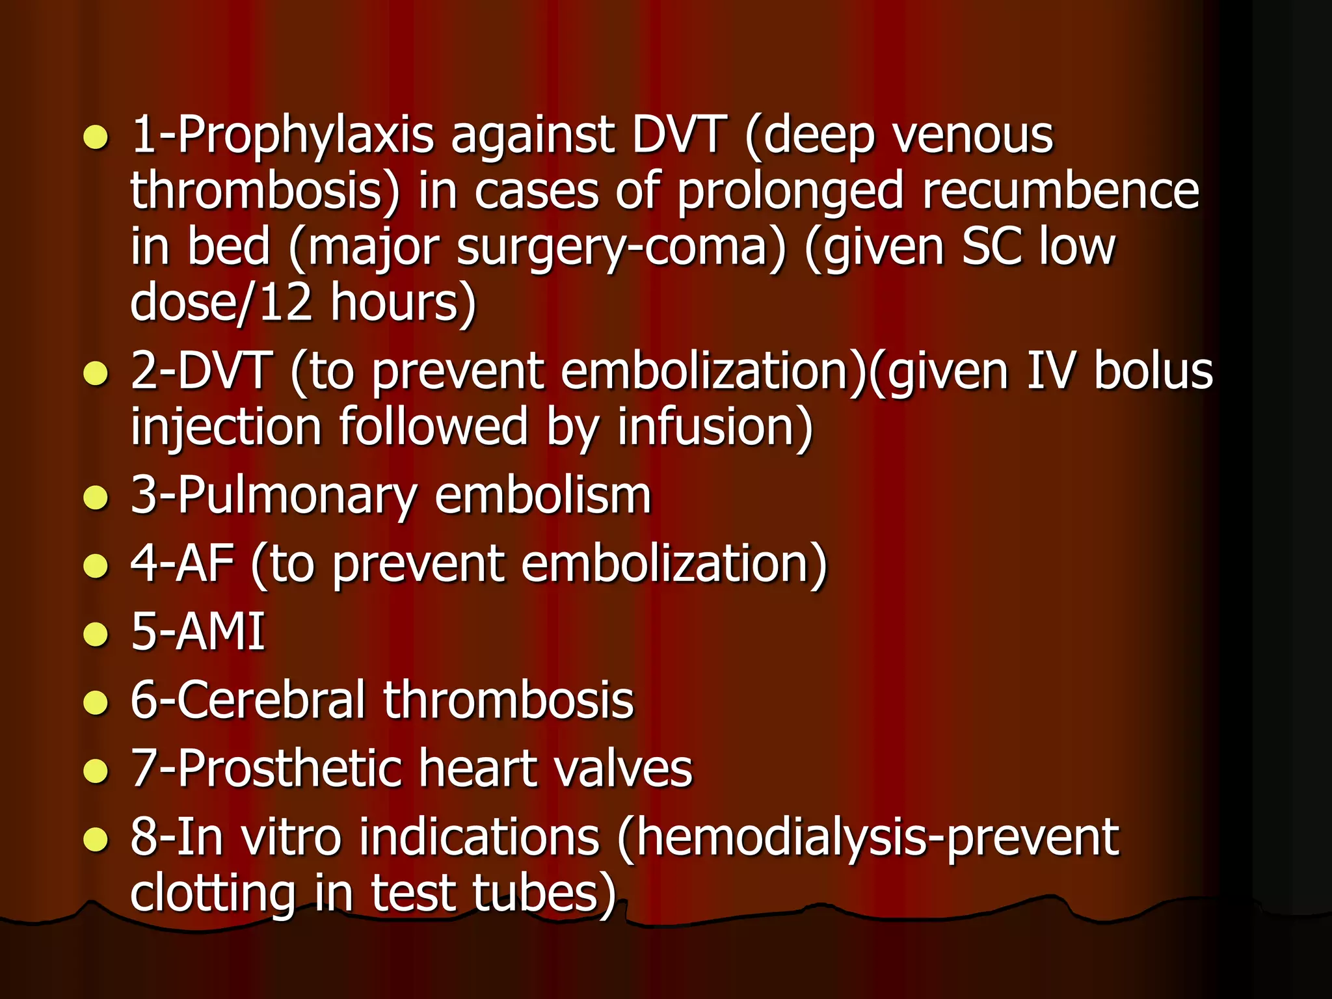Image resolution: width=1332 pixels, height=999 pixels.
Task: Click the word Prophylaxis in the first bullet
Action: tap(305, 136)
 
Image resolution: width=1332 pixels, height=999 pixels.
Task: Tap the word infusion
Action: tap(715, 427)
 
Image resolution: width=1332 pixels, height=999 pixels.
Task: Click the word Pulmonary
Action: tap(296, 496)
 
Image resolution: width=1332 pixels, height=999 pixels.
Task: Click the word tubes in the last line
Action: tap(544, 893)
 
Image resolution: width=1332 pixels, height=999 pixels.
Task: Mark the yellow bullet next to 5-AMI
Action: tap(96, 634)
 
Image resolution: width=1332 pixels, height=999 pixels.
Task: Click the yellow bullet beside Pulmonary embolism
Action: tap(96, 498)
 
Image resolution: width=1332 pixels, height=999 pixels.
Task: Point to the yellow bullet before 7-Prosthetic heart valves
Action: tap(96, 771)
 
